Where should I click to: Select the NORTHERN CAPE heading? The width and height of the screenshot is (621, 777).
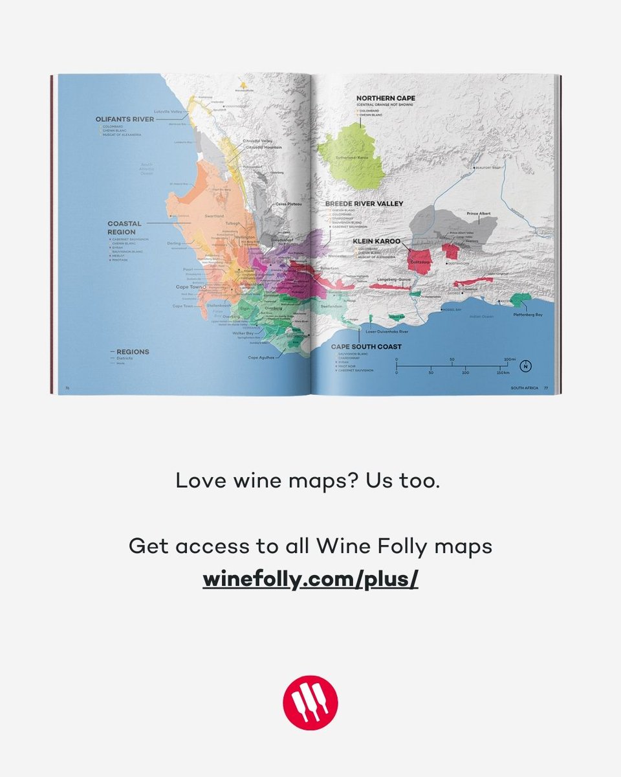point(386,98)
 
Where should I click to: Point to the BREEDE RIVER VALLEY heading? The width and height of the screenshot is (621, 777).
point(364,203)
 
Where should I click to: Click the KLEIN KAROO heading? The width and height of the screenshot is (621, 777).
point(376,241)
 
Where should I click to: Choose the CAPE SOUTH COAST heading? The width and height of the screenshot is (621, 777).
point(362,346)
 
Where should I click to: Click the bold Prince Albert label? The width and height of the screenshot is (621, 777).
point(479,213)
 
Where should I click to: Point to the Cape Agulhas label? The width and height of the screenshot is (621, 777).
point(263,357)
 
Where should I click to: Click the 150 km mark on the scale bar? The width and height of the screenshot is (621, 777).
point(502,374)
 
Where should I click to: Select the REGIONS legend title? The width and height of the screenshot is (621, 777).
point(133,352)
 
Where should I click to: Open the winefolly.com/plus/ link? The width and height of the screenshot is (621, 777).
point(310,579)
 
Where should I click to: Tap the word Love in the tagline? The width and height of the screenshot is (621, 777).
point(195,480)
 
